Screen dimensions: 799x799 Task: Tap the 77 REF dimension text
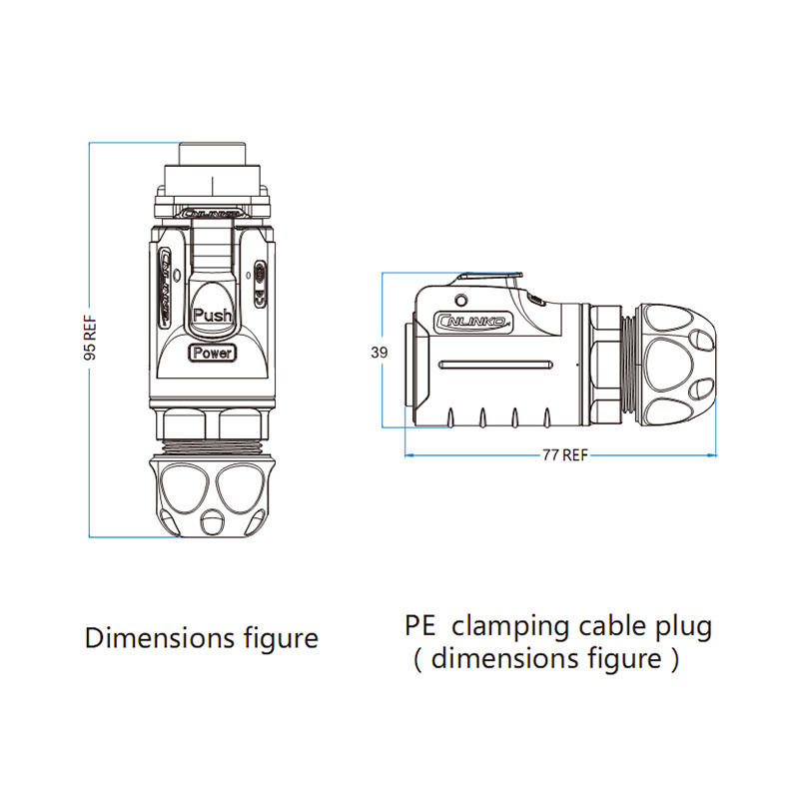(x=564, y=454)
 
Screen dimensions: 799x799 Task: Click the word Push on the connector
(x=212, y=316)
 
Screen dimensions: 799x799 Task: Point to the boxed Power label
(x=212, y=353)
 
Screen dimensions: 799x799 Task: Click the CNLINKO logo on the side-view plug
(x=474, y=322)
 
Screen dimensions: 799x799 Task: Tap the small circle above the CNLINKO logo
(x=460, y=302)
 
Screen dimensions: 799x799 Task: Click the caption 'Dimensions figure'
(x=201, y=637)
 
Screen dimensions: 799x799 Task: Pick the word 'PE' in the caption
(x=421, y=627)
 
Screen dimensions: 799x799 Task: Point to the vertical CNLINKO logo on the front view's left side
(x=165, y=288)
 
